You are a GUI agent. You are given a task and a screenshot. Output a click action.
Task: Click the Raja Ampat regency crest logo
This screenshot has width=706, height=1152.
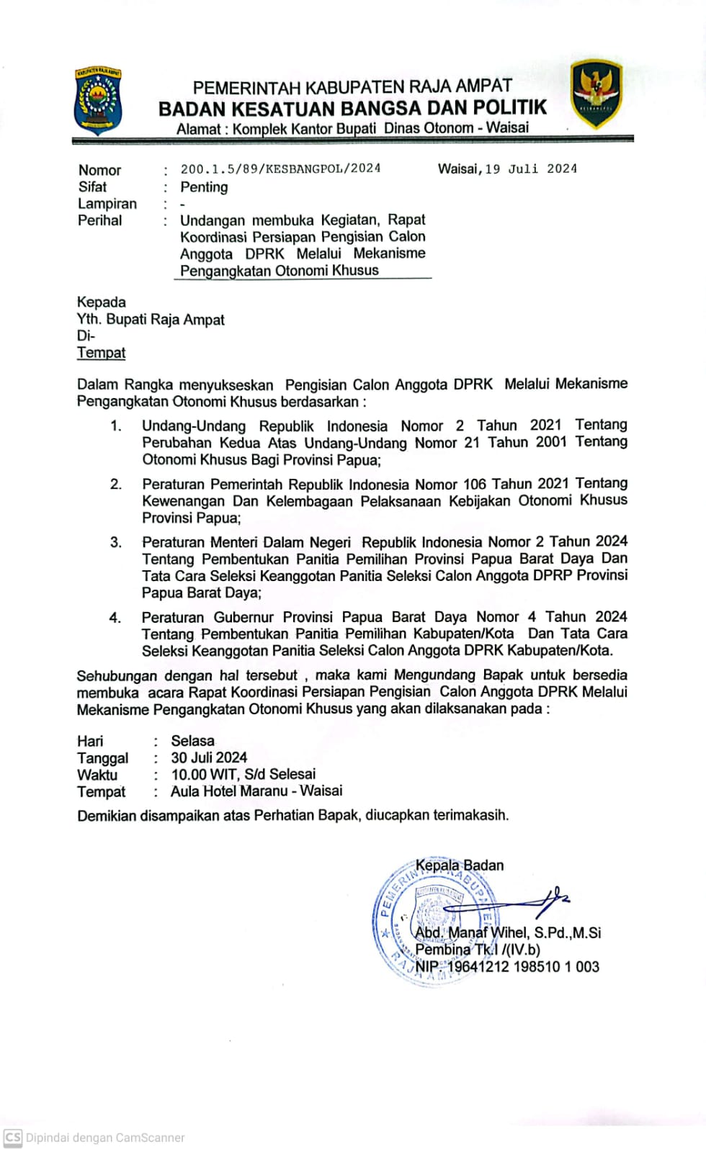(x=98, y=102)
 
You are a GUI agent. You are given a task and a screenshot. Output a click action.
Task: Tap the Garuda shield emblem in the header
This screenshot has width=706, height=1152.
(x=596, y=94)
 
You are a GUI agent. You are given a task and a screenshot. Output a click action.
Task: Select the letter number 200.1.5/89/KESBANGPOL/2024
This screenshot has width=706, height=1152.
(x=280, y=168)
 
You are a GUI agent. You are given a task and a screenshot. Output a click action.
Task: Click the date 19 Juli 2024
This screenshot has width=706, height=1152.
(x=531, y=169)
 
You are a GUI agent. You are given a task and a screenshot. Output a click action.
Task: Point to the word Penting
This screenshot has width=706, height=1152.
(x=204, y=187)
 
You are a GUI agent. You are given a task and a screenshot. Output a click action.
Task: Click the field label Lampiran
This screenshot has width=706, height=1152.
(x=107, y=204)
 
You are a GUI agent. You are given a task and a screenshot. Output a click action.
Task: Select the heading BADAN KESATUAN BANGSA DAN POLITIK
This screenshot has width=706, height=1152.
(x=352, y=109)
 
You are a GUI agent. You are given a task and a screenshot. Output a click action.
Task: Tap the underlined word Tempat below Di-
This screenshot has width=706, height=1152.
(x=101, y=353)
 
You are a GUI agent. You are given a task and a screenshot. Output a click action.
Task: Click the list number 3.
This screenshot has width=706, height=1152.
(x=116, y=542)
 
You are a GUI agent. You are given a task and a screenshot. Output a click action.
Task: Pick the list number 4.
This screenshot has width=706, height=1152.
(x=115, y=618)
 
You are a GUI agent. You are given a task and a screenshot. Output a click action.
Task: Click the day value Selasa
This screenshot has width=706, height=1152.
(x=192, y=741)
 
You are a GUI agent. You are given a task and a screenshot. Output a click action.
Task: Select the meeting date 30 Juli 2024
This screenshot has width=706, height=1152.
(x=209, y=757)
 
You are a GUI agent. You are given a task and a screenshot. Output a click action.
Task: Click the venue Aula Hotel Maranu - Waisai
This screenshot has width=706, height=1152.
(x=256, y=791)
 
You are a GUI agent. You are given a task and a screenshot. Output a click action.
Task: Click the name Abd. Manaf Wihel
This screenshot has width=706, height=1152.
(x=471, y=933)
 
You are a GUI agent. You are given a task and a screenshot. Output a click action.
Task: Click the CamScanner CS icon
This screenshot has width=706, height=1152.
(x=13, y=1138)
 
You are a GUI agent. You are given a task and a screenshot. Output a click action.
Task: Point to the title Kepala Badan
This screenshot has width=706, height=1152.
(x=460, y=865)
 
